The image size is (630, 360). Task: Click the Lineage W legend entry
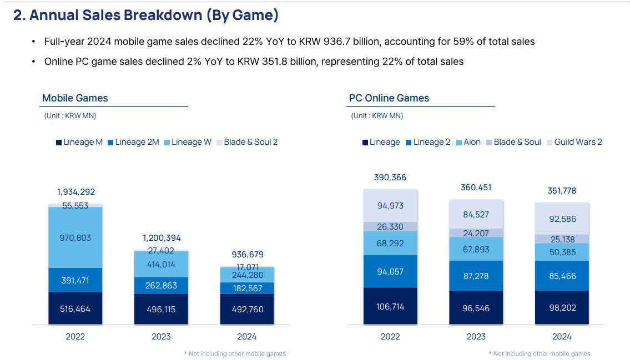188,142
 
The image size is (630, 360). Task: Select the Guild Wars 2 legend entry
576,142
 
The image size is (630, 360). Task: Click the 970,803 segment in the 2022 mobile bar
75,238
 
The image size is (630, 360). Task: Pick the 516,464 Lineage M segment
75,308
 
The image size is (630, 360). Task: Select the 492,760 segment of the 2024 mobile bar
248,310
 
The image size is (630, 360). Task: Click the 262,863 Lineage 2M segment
162,286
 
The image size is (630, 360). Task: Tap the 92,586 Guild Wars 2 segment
562,219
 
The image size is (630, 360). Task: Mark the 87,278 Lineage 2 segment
476,276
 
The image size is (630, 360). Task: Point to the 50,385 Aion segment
562,252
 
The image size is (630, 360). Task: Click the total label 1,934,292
76,192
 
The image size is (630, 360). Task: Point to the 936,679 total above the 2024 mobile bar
248,255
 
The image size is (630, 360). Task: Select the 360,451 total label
476,187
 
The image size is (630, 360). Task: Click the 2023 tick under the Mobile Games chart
162,336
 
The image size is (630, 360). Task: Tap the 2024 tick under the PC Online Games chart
562,336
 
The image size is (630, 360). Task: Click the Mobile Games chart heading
75,98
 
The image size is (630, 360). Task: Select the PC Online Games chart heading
389,98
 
